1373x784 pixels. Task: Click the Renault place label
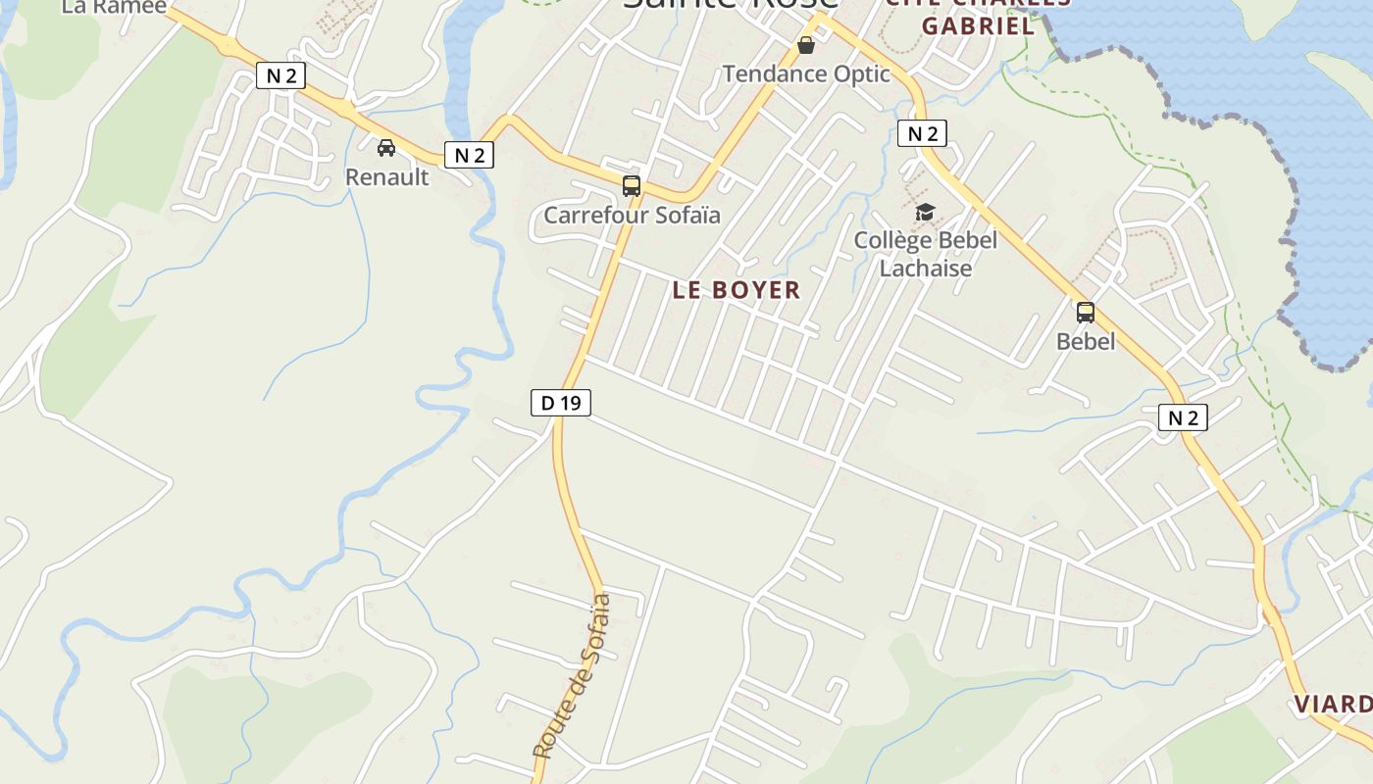(x=386, y=177)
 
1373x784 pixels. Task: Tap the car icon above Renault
(x=386, y=148)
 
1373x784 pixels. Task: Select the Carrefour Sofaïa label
(x=632, y=215)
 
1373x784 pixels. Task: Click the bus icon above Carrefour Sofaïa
(x=632, y=186)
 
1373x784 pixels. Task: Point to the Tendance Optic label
(x=806, y=73)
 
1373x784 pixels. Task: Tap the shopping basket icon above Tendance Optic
(x=806, y=45)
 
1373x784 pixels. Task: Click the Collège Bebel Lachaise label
(x=925, y=254)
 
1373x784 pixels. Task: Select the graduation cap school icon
(x=925, y=212)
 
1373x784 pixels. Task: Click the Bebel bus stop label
(x=1086, y=341)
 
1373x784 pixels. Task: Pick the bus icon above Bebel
(x=1086, y=313)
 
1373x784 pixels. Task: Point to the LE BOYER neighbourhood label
(x=737, y=290)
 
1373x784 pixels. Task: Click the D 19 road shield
(x=561, y=402)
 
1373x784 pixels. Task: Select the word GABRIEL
(x=978, y=26)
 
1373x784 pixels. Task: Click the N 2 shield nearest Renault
(x=469, y=155)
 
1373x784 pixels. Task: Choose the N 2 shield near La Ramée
(x=280, y=75)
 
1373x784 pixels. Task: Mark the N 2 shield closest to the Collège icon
(x=922, y=133)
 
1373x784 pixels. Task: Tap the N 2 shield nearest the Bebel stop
(x=1182, y=417)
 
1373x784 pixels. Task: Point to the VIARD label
(x=1333, y=705)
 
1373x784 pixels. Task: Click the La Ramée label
(x=100, y=7)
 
